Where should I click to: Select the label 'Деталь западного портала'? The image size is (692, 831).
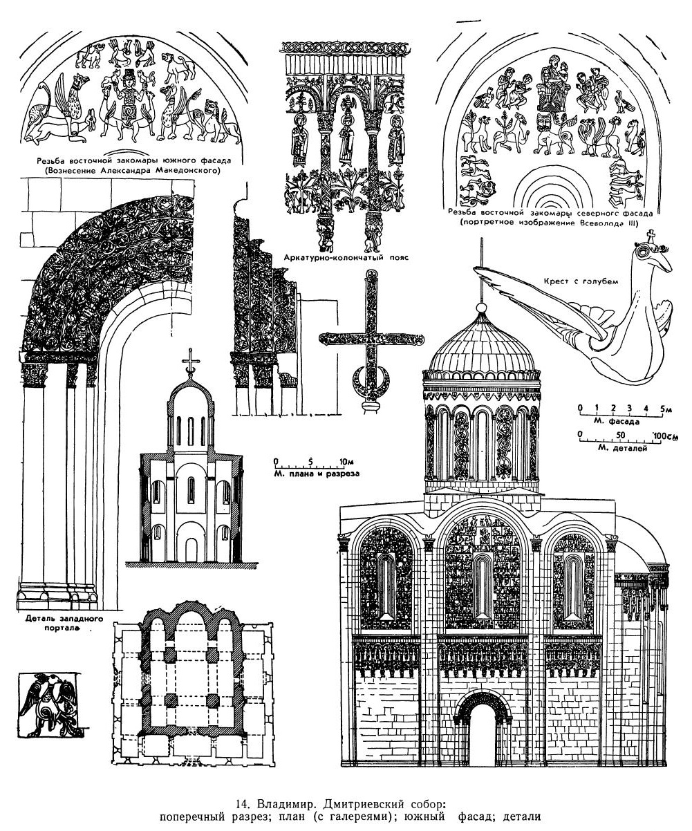click(x=55, y=624)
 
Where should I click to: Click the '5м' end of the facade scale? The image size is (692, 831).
click(x=665, y=409)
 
